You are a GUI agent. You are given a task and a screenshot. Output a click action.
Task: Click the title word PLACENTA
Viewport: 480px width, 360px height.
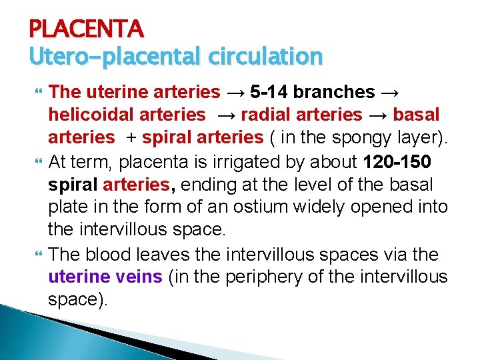click(x=86, y=29)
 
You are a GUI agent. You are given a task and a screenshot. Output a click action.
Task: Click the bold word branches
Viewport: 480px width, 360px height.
click(x=335, y=92)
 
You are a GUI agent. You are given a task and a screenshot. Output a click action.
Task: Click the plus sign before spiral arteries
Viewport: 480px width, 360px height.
click(x=131, y=137)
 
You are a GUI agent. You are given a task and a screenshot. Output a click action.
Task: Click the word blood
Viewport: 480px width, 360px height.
click(x=115, y=254)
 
